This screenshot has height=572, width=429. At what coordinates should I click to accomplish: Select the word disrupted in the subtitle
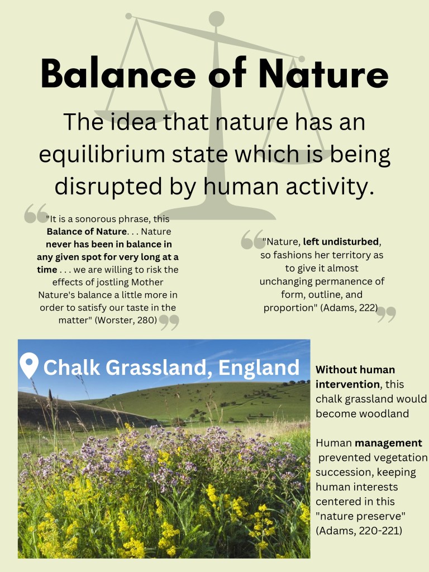click(108, 186)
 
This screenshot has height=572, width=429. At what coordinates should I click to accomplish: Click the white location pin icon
click(29, 365)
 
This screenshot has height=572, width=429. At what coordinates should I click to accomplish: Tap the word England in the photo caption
click(259, 368)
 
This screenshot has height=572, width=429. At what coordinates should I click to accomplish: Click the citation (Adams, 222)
click(349, 308)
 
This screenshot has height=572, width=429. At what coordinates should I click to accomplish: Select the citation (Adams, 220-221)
click(359, 531)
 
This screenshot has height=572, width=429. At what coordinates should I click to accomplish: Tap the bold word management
click(389, 443)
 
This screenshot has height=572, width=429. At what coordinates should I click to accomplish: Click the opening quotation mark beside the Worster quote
click(36, 213)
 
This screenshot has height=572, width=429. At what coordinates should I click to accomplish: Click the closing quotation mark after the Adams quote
click(387, 314)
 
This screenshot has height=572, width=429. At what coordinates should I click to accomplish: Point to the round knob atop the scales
click(217, 19)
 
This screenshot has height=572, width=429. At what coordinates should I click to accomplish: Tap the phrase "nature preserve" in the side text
click(360, 516)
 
